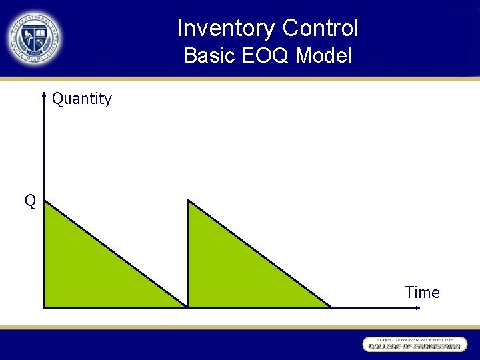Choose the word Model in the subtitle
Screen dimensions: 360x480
coord(324,56)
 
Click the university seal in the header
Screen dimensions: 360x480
coord(34,38)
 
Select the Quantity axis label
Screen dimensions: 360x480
coord(82,99)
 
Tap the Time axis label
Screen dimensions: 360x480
coord(422,293)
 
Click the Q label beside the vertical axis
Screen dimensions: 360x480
coord(30,201)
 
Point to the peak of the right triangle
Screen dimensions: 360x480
coord(189,200)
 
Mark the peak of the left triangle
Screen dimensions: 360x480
coord(45,201)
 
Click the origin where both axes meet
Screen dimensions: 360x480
coord(43,308)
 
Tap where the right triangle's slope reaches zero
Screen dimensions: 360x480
coord(331,307)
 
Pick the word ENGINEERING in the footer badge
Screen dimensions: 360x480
coord(435,347)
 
